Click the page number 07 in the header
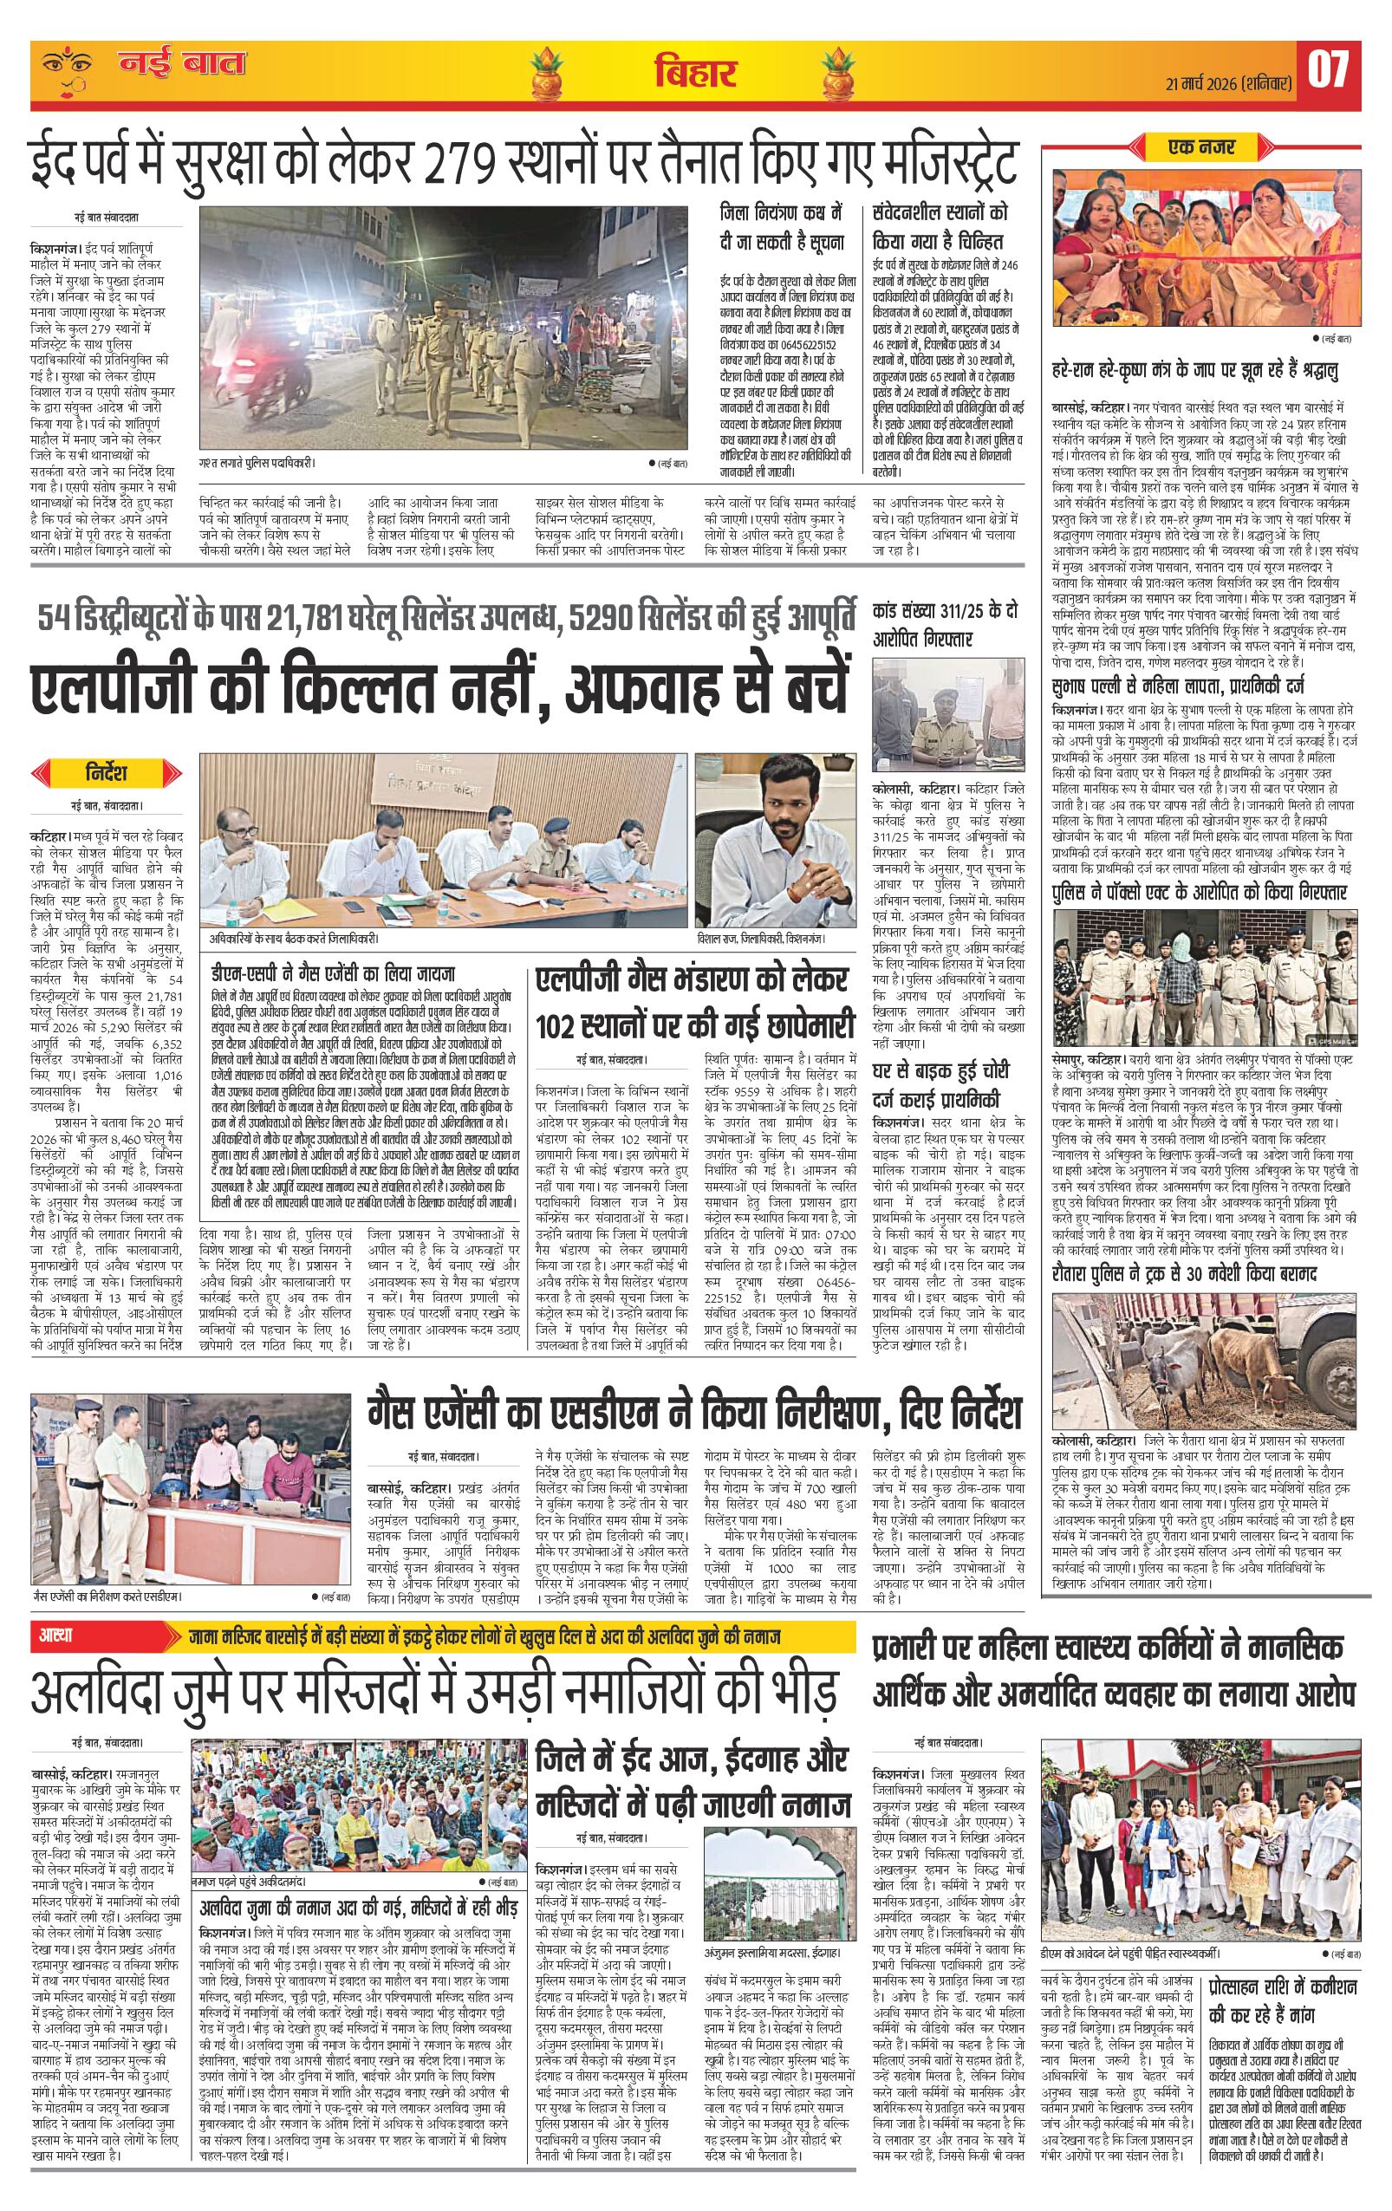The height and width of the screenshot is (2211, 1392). point(1328,71)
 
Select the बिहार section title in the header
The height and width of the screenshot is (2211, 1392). point(695,73)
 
